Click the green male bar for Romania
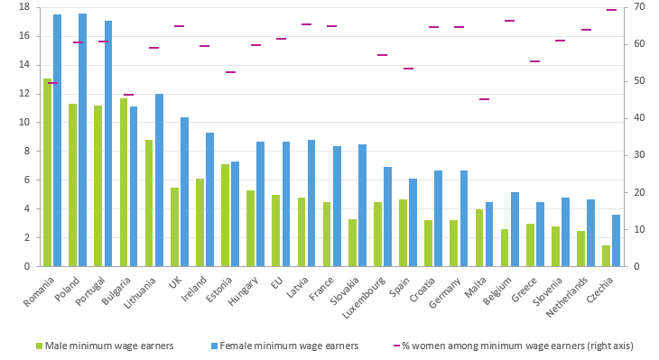click(x=48, y=172)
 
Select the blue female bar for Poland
click(x=83, y=140)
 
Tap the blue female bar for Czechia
click(x=616, y=240)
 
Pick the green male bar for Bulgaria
click(x=124, y=182)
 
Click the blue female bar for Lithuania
click(x=159, y=180)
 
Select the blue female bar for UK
click(x=184, y=191)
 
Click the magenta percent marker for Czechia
click(x=611, y=10)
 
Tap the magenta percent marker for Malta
click(x=485, y=99)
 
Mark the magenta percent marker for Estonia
click(x=230, y=72)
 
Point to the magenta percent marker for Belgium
click(x=510, y=21)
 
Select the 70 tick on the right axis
click(x=640, y=7)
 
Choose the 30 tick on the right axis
click(x=640, y=155)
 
